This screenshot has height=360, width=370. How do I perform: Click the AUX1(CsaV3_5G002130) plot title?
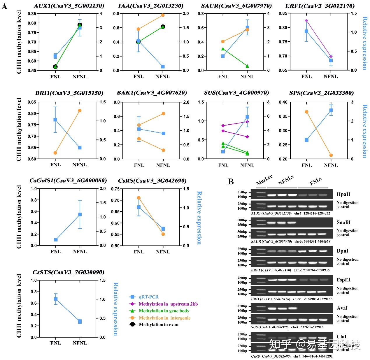[x=69, y=6]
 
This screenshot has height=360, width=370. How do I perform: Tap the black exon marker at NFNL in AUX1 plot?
[x=80, y=25]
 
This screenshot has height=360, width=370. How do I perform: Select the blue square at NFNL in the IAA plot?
[x=163, y=67]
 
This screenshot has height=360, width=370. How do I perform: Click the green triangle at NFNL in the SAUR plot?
[x=247, y=66]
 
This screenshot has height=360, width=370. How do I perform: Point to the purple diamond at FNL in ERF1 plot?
[x=306, y=20]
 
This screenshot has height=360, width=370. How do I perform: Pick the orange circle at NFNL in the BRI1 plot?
[x=80, y=111]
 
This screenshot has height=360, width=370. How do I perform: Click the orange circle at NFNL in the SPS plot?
[x=331, y=155]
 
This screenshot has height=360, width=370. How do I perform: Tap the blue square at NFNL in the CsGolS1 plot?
[x=80, y=214]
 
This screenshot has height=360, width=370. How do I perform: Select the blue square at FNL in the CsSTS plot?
[x=56, y=299]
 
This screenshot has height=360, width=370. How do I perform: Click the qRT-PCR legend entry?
[x=149, y=297]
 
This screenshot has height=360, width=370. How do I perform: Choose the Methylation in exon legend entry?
[x=159, y=324]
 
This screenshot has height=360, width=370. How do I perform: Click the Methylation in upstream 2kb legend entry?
[x=168, y=304]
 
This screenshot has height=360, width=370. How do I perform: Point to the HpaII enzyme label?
[x=343, y=194]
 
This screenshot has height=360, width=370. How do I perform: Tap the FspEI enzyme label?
[x=343, y=280]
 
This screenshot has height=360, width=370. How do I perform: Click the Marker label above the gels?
[x=264, y=180]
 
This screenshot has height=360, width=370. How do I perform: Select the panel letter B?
[x=231, y=182]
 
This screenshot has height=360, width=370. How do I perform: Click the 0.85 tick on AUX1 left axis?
[x=32, y=14]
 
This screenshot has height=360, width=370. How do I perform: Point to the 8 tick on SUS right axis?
[x=268, y=102]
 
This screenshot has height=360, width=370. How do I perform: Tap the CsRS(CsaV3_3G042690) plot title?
[x=152, y=181]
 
